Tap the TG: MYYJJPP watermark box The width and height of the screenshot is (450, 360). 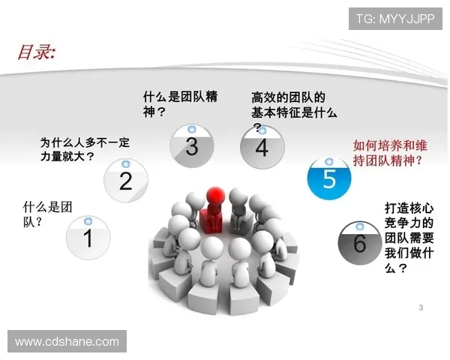[395, 19]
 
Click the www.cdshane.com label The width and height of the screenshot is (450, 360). [67, 341]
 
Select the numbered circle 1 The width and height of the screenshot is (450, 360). [88, 238]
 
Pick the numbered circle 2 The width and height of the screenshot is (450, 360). [125, 179]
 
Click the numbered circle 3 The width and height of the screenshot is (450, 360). [192, 145]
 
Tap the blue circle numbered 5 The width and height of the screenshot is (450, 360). [329, 178]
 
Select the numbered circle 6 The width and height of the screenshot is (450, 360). [359, 241]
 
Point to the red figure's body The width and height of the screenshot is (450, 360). [211, 219]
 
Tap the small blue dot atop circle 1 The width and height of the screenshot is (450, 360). [88, 221]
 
